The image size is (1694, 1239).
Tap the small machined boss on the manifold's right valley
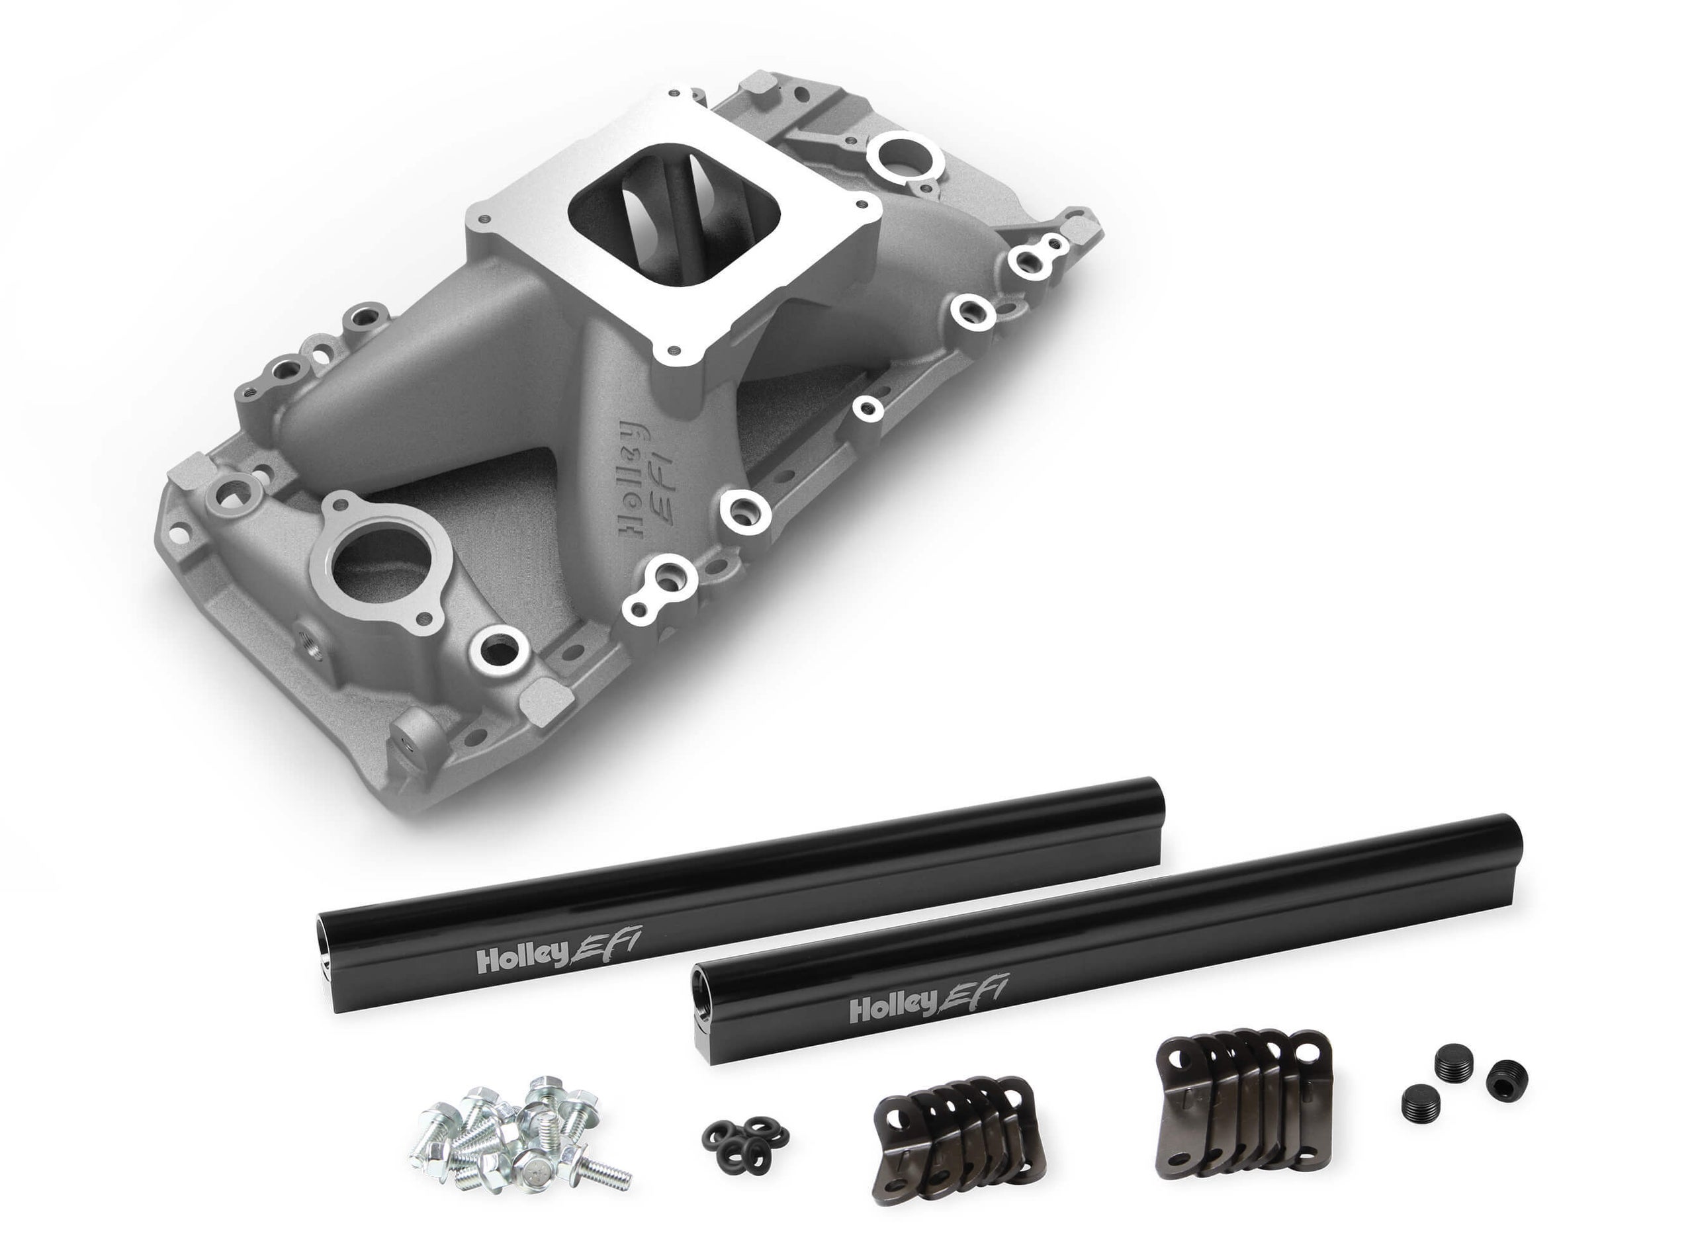coord(869,407)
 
